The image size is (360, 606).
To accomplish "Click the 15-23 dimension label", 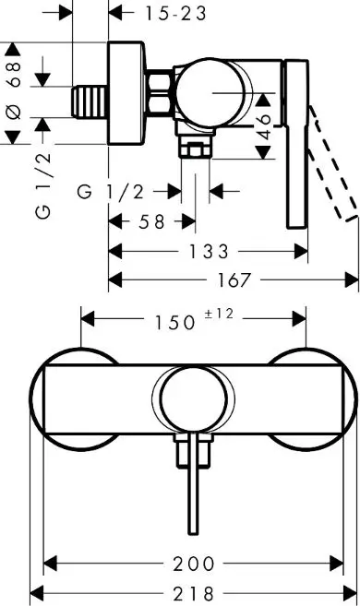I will point(175,13).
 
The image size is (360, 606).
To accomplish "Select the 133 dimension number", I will point(210,251).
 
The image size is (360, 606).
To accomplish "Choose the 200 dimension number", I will point(194,563).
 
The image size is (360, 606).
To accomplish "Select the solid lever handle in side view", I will point(298,143).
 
